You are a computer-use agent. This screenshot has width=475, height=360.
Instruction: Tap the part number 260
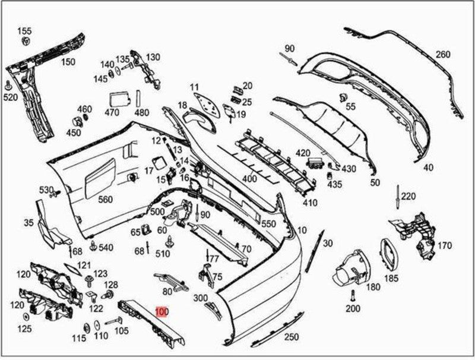443,55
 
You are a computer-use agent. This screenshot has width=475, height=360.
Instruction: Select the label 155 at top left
24,31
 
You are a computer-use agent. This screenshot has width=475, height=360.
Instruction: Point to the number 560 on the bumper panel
105,200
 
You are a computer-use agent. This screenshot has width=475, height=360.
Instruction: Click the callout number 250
291,337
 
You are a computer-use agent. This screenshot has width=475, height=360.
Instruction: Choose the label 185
391,277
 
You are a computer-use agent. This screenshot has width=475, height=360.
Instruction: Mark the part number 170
445,245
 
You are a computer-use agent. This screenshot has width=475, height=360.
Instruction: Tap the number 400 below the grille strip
249,178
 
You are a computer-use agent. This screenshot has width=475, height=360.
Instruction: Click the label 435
335,185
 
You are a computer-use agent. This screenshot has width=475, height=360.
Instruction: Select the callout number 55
350,106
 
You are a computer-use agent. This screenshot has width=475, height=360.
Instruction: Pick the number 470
112,112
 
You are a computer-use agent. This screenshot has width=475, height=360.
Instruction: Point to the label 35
28,223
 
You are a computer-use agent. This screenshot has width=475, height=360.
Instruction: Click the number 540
106,247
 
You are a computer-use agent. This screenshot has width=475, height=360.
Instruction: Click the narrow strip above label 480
138,98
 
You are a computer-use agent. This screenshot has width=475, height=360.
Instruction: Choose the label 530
46,190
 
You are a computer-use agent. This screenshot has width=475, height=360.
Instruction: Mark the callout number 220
408,196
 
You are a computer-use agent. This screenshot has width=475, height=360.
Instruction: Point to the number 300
200,298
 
